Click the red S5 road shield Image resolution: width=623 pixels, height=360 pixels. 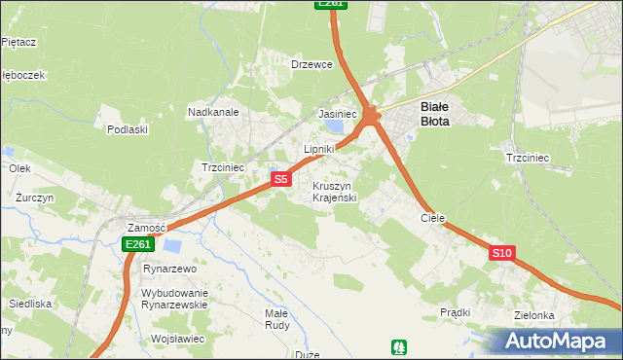(x=280, y=179)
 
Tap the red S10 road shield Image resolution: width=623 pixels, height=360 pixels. (x=501, y=253)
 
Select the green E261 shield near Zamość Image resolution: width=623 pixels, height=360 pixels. (x=137, y=244)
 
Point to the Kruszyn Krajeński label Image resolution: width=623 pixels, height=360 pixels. (x=335, y=191)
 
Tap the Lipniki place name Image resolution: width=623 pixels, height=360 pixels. (x=318, y=149)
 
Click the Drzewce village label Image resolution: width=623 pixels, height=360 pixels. (x=311, y=64)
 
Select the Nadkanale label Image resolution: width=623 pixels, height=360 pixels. (x=213, y=112)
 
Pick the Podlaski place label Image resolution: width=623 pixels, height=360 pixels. (x=128, y=129)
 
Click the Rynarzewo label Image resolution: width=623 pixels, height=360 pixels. (x=170, y=269)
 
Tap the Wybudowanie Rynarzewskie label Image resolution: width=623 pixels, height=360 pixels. (x=175, y=298)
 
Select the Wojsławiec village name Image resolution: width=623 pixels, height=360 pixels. (x=177, y=339)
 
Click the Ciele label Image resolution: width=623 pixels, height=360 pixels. (x=432, y=219)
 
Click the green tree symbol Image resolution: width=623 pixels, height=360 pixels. (x=398, y=346)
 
